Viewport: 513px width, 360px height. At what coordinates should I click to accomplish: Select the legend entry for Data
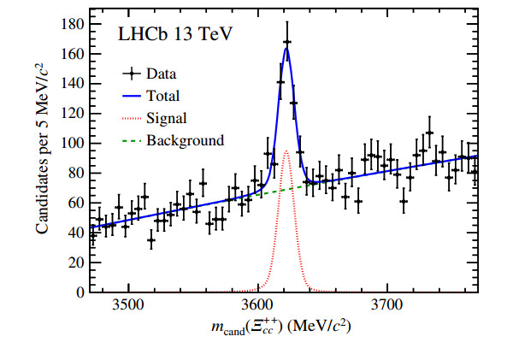pos(162,74)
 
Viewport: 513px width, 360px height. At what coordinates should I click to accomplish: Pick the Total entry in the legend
pos(162,97)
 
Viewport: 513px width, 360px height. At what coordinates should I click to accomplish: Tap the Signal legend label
pos(166,118)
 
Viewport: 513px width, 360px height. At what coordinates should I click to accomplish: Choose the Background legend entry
pos(185,140)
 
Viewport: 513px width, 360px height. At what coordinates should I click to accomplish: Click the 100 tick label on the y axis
pos(71,143)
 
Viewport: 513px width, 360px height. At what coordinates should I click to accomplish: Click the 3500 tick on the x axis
pos(127,306)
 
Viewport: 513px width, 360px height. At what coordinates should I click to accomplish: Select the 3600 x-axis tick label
pos(257,306)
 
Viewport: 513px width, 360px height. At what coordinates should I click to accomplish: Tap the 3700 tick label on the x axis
pos(387,306)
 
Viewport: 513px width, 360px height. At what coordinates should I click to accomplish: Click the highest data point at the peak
pos(286,42)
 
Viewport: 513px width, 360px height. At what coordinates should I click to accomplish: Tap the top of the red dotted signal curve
pos(286,151)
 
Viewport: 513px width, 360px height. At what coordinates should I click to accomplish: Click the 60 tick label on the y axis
pos(74,203)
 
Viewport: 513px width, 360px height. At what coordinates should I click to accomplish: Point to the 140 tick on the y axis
pos(71,83)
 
